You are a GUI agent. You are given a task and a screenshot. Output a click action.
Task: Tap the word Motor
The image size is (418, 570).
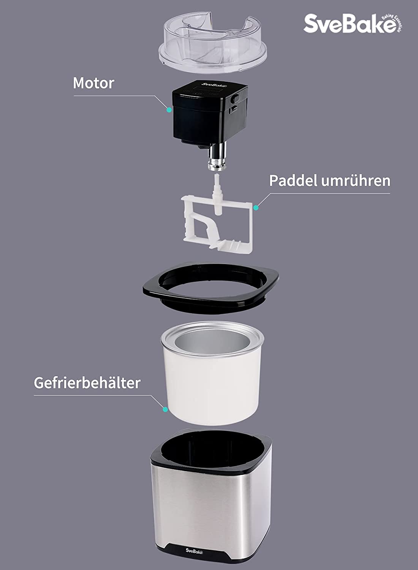tap(93, 83)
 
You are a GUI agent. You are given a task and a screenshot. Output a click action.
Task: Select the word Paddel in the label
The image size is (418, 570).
tap(293, 180)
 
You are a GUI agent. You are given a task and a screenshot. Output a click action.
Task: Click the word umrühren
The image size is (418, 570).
tap(356, 180)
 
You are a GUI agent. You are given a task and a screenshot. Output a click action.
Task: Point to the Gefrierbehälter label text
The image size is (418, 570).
tap(87, 383)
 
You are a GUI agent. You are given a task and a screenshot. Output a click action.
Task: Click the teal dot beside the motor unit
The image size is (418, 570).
tap(169, 110)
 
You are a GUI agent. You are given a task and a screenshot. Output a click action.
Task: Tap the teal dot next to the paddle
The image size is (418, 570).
tap(256, 207)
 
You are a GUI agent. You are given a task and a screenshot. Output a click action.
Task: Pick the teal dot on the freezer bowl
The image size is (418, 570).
tap(165, 409)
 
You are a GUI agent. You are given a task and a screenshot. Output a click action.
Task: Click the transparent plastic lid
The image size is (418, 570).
tap(213, 43)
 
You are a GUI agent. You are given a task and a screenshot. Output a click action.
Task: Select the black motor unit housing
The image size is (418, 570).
tap(210, 114)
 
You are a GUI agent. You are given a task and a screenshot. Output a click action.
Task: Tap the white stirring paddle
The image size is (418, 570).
tap(217, 222)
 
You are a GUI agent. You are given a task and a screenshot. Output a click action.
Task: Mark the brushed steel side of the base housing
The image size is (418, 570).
tap(211, 509)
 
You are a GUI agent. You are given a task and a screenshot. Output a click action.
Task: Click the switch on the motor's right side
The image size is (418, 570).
tap(234, 99)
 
